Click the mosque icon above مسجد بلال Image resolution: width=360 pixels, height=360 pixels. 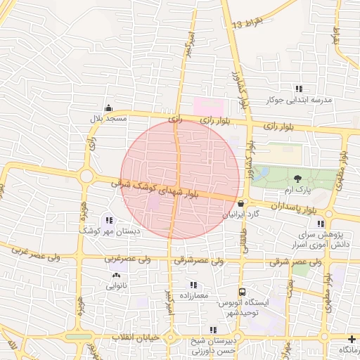(x=108, y=108)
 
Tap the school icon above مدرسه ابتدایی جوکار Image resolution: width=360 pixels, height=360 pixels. (x=299, y=89)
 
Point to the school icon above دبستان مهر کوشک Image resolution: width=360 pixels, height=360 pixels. (x=108, y=220)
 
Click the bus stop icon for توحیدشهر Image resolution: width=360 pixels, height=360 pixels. (x=243, y=292)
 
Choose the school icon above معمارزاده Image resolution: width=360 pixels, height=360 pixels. (x=193, y=285)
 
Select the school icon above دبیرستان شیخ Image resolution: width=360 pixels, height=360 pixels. (x=212, y=330)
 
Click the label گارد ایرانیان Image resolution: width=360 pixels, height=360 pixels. (x=242, y=214)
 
